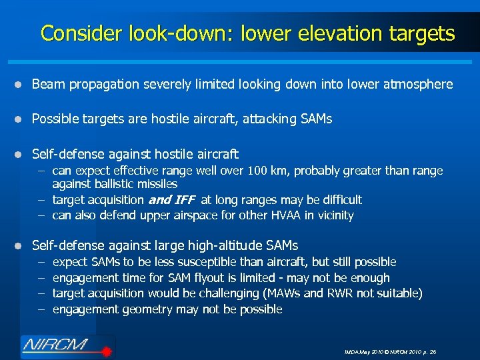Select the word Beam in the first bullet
(47, 85)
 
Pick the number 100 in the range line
(257, 171)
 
